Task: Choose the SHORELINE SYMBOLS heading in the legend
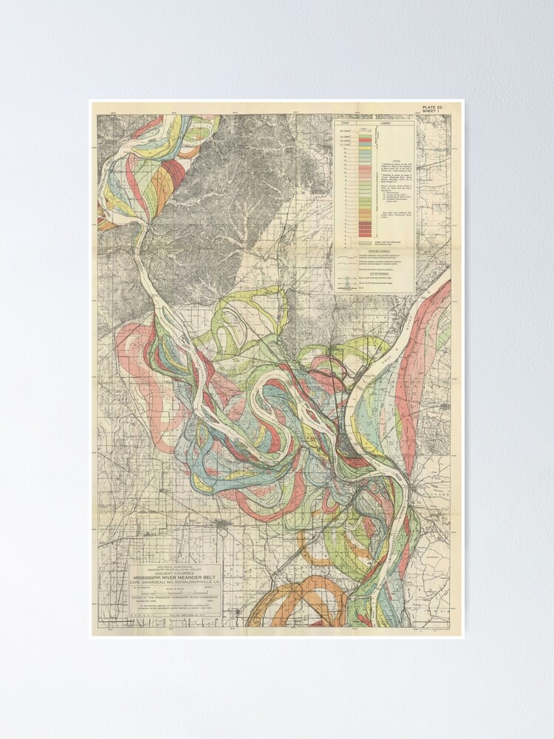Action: pos(373,250)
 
